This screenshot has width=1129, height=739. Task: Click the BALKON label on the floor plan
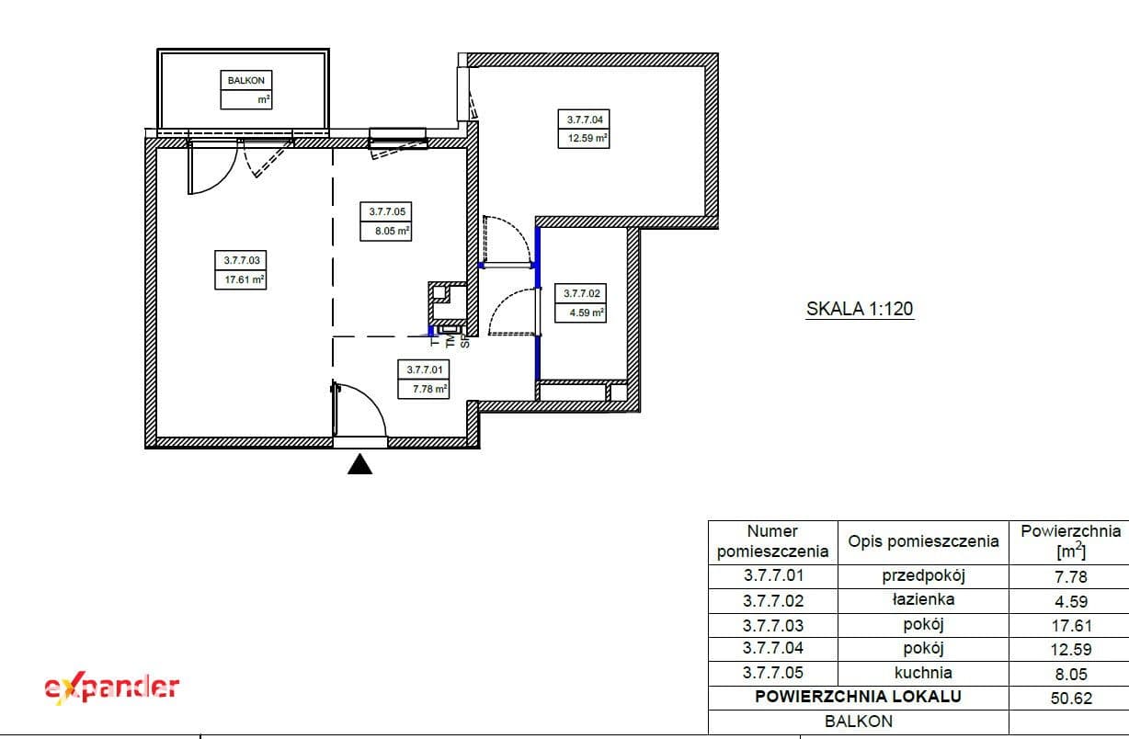point(246,81)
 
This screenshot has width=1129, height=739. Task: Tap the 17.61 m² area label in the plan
point(245,279)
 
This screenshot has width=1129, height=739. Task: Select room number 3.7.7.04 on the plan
point(585,119)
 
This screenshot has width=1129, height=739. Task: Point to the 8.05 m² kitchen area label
point(393,232)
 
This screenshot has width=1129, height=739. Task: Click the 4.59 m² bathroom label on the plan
point(587,313)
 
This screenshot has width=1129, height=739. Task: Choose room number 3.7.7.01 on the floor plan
point(425,369)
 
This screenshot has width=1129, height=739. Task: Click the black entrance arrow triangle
point(359,464)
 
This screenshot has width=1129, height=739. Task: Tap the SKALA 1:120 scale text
point(860,309)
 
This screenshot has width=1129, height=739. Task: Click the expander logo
point(112,688)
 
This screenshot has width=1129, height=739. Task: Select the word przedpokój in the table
point(923,575)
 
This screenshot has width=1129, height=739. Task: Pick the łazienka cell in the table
point(923,599)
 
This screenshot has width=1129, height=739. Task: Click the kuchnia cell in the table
point(923,673)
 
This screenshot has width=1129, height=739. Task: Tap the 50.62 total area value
point(1071,699)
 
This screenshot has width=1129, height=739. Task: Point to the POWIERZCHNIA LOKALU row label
point(859,697)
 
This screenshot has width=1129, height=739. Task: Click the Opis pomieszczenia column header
point(923,541)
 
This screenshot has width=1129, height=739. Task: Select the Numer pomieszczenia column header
point(772,541)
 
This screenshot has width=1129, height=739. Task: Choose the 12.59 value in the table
point(1071,650)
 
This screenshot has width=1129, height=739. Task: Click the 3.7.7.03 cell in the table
point(772,626)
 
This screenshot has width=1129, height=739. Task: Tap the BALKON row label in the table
point(859,722)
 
